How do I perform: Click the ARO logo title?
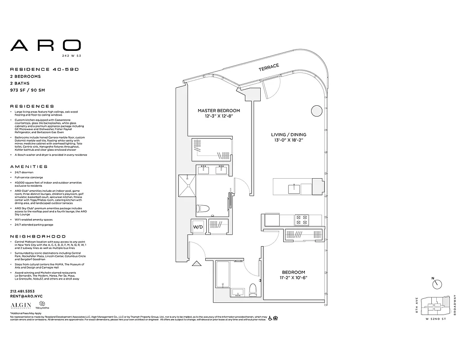coord(45,45)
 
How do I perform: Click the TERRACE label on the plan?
coord(269,67)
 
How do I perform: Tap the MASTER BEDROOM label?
coord(219,110)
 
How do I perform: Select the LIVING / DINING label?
coord(289,135)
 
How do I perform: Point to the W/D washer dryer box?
coord(198,227)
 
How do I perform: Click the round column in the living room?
coord(317,111)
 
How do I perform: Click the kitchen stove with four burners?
coord(301,220)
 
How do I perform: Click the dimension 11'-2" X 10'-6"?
coord(294,278)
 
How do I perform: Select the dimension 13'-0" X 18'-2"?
coord(289,140)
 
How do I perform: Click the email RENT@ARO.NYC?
coord(26,296)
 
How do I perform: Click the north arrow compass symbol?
coord(437,284)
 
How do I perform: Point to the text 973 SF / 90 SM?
coord(28,90)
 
